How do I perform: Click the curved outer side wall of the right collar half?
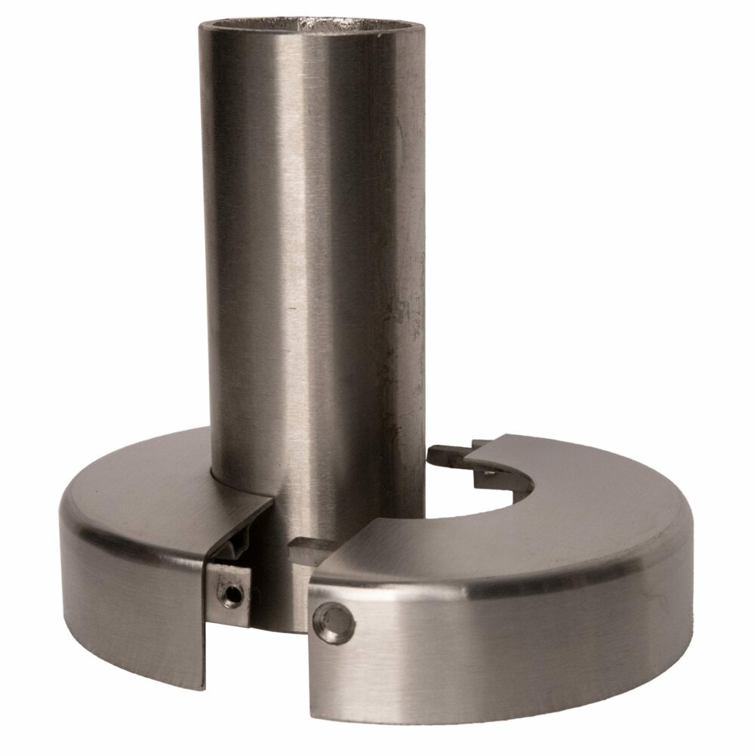click(x=528, y=650)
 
